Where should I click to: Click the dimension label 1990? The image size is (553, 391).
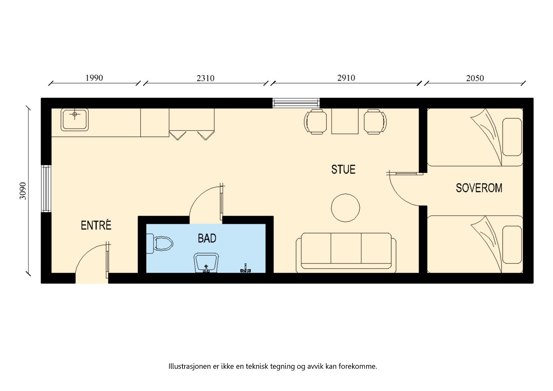point(94,78)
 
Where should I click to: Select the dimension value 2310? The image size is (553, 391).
point(205,78)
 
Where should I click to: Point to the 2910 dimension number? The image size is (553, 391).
point(346,78)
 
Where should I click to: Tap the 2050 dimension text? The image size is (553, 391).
point(475,78)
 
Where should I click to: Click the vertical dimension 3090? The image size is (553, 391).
point(23,191)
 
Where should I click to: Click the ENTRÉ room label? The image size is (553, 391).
point(96,226)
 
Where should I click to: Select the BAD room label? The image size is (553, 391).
point(207,238)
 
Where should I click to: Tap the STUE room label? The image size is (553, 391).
point(343,169)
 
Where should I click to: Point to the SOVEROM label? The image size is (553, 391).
point(479,188)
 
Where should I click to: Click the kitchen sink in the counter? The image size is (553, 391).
point(75,119)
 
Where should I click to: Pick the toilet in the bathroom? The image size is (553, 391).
point(160,244)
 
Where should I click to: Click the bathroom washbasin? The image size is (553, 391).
point(206,263)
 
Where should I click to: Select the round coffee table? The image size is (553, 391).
point(345,208)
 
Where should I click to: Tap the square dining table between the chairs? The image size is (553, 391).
point(345,121)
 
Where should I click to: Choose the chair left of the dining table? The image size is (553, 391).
point(313,122)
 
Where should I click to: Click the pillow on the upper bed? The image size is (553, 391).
point(512,137)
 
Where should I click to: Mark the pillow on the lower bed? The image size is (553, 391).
point(512,245)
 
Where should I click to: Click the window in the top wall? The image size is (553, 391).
point(296,103)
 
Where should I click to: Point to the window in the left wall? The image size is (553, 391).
point(46,188)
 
